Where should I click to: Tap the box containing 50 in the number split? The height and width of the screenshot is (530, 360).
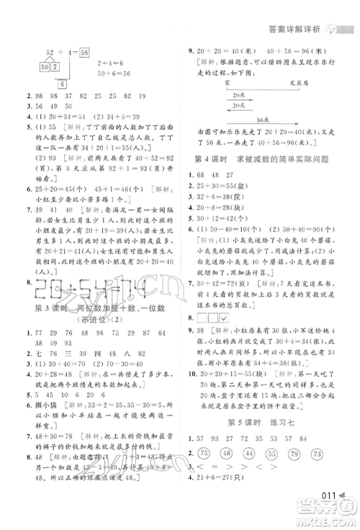click(x=45, y=68)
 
